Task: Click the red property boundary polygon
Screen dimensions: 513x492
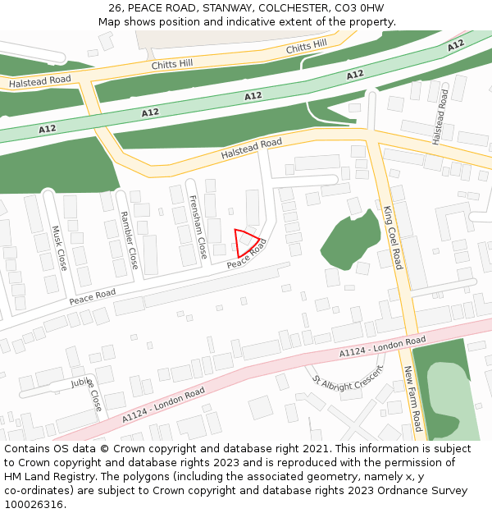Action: (246, 243)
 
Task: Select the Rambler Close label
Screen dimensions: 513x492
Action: (129, 240)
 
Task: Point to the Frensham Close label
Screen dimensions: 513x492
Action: (198, 227)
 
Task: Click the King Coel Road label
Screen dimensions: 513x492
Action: (394, 237)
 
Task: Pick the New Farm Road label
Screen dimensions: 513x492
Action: (412, 399)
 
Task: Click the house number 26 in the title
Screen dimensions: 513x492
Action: (115, 8)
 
